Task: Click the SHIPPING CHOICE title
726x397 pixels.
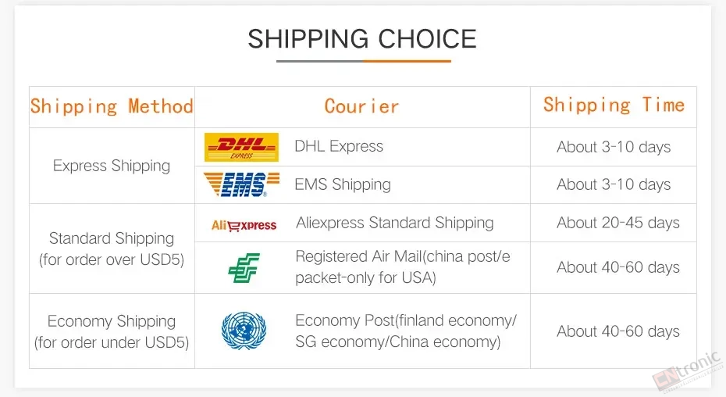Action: coord(362,38)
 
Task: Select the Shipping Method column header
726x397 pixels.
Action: coord(112,106)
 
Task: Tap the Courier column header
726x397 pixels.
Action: coord(361,106)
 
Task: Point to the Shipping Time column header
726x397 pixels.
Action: coord(614,105)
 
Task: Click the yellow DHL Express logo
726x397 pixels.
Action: coord(241,147)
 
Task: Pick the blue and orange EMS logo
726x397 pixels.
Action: coord(242,184)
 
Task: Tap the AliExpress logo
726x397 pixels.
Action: coord(244,226)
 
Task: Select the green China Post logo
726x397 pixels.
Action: coord(244,267)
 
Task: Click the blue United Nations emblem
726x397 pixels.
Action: coord(244,331)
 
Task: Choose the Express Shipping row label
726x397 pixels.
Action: coord(112,166)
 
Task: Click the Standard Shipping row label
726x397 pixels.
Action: coord(112,249)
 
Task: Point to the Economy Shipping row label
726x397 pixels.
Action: coord(112,331)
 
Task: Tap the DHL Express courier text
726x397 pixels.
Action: coord(339,146)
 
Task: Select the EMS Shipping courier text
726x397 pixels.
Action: coord(343,184)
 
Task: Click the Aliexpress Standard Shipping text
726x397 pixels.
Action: coord(395,223)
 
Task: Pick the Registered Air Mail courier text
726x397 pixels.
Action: coord(403,266)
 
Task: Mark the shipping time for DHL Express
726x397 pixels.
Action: coord(614,147)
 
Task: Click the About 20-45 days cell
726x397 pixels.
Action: coord(618,223)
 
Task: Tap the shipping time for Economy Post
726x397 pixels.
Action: coord(618,331)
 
